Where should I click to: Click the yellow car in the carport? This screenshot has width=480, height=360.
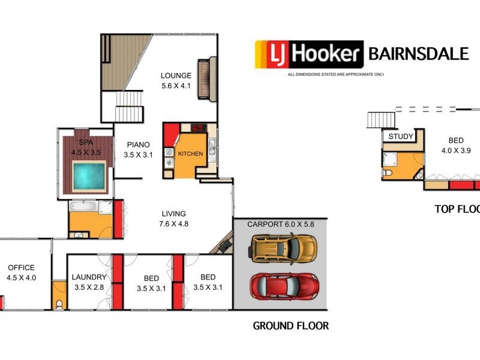(284, 248)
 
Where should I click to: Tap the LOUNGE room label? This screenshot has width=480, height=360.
(176, 76)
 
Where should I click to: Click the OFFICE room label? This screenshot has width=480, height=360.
(21, 268)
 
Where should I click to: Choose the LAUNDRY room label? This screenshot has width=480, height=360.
(89, 277)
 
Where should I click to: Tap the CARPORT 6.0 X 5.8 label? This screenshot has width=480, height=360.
(281, 224)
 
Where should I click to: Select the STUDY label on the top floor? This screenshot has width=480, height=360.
(401, 136)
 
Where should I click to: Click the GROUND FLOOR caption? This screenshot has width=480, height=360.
(290, 326)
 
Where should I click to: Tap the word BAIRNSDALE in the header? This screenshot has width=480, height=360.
(418, 54)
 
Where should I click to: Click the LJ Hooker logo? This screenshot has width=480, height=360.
(310, 55)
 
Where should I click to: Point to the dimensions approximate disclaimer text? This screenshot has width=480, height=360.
(335, 74)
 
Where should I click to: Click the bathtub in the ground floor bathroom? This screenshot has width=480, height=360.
(81, 207)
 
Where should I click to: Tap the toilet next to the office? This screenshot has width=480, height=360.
(59, 304)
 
